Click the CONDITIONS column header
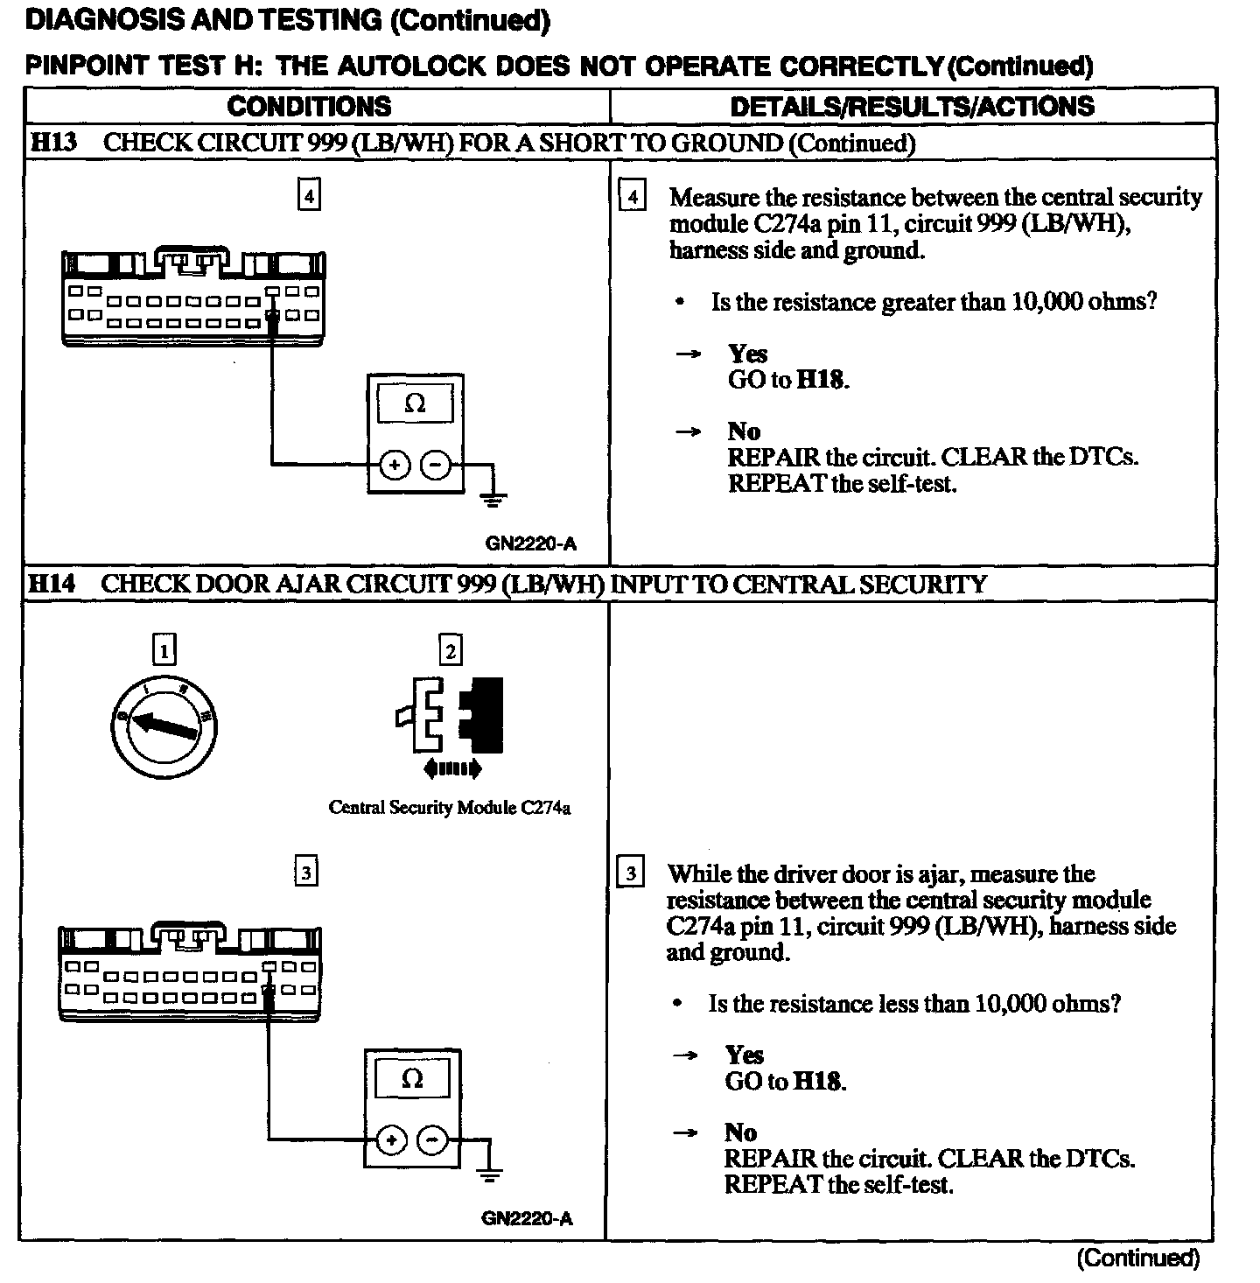click(x=309, y=107)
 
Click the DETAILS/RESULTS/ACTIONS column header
click(x=912, y=107)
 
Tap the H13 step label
click(x=53, y=143)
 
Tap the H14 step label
click(x=53, y=584)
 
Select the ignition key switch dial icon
click(x=165, y=726)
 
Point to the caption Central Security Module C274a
click(x=449, y=808)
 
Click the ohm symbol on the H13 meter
click(x=416, y=404)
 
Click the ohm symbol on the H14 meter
click(x=412, y=1080)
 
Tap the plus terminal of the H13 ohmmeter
click(x=395, y=466)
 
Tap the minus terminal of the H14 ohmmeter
click(x=431, y=1140)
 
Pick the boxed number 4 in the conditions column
click(x=308, y=194)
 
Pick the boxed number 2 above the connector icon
click(x=450, y=650)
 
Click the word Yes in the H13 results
click(x=747, y=354)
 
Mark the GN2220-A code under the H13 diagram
click(x=530, y=543)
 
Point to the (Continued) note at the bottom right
click(x=1137, y=1258)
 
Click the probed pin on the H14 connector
click(x=268, y=992)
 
